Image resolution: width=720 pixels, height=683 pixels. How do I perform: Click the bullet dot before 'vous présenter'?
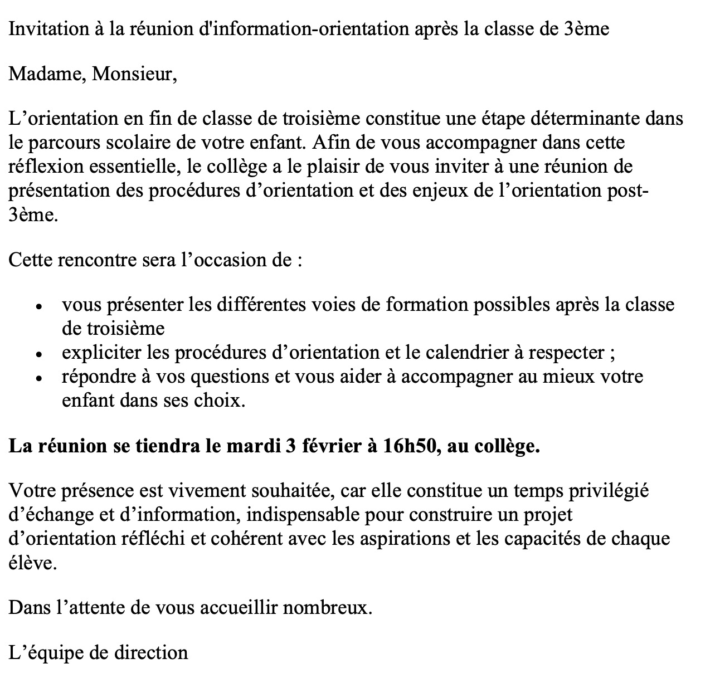tap(38, 307)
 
